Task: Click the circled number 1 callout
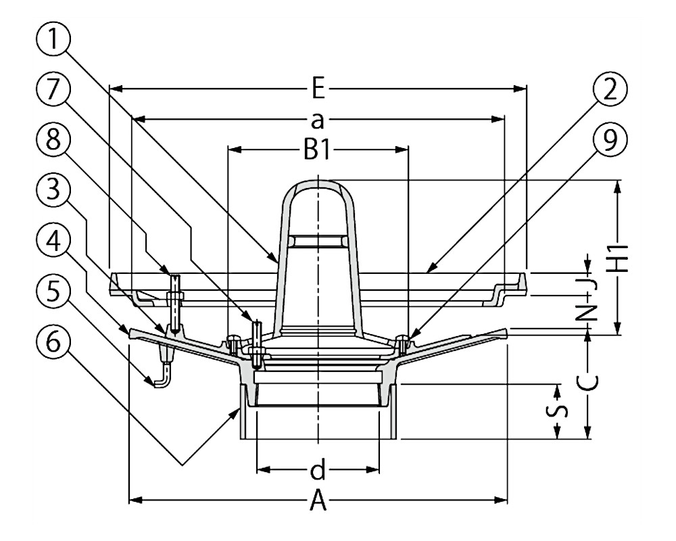click(53, 40)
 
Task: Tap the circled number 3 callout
click(53, 191)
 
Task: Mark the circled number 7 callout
click(53, 91)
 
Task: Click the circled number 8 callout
click(53, 141)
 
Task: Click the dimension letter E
click(318, 89)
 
